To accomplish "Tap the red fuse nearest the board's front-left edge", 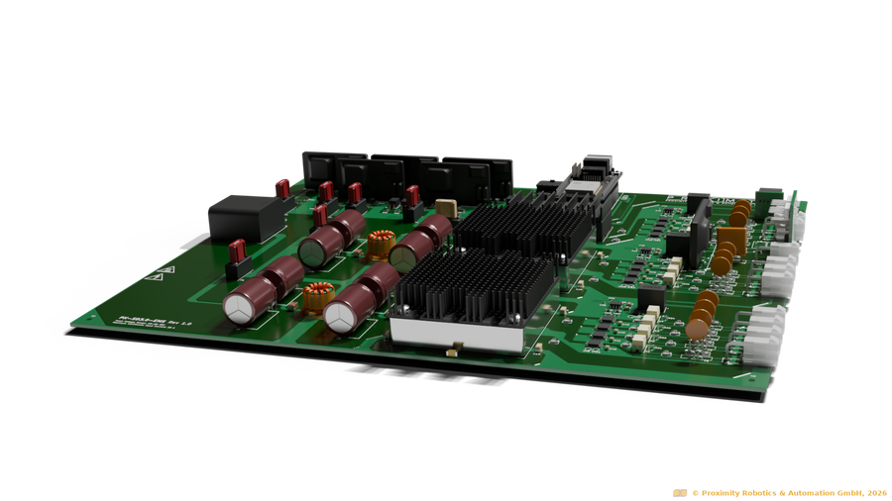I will pyautogui.click(x=238, y=256).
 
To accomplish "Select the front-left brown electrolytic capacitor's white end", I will pyautogui.click(x=241, y=308).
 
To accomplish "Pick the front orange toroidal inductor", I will pyautogui.click(x=316, y=296).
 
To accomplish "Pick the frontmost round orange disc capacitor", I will pyautogui.click(x=699, y=326).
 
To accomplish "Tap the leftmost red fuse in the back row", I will pyautogui.click(x=282, y=187).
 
